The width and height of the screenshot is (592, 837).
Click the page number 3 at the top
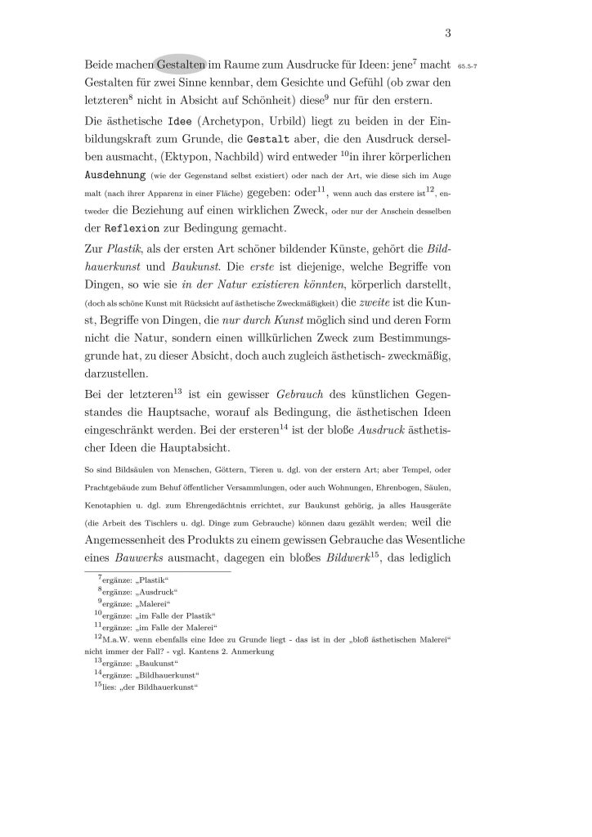pos(448,34)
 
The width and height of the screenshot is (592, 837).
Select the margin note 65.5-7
pos(473,65)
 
